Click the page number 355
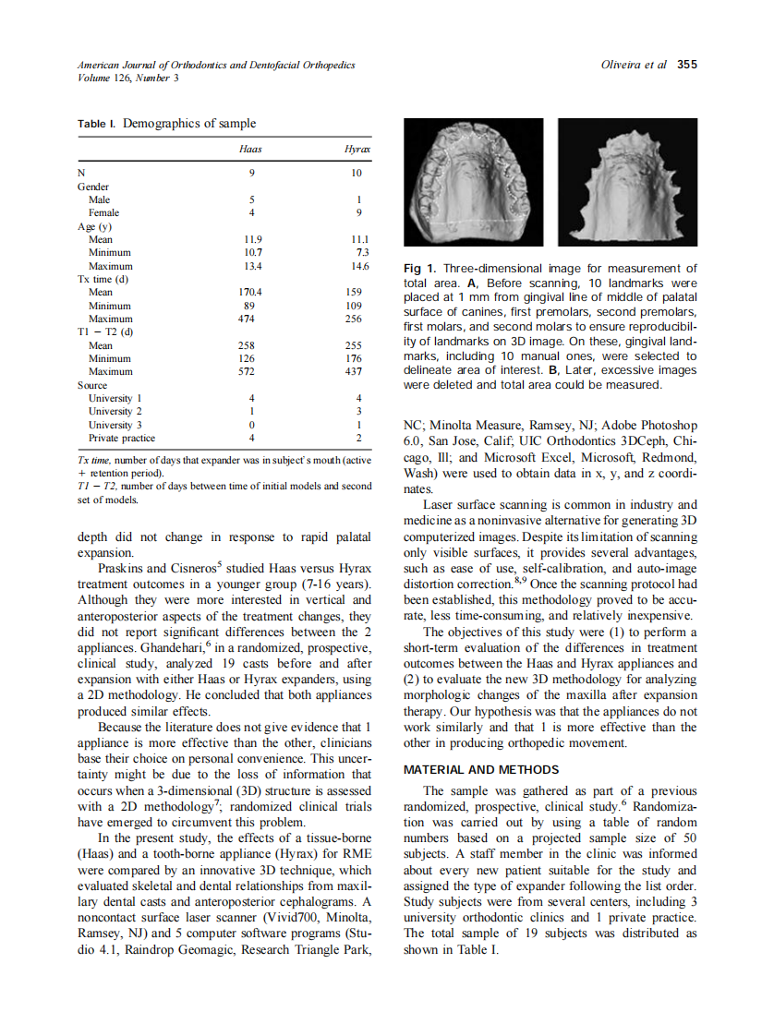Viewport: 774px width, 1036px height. point(686,65)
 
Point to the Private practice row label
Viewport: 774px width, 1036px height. point(121,438)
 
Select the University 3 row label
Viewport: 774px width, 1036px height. point(115,425)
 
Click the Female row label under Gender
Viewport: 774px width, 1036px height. point(103,212)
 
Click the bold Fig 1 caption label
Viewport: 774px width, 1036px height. point(417,269)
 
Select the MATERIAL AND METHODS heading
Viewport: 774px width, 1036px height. point(481,769)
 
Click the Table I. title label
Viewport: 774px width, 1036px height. point(97,124)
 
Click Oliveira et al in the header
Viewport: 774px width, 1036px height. point(634,65)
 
